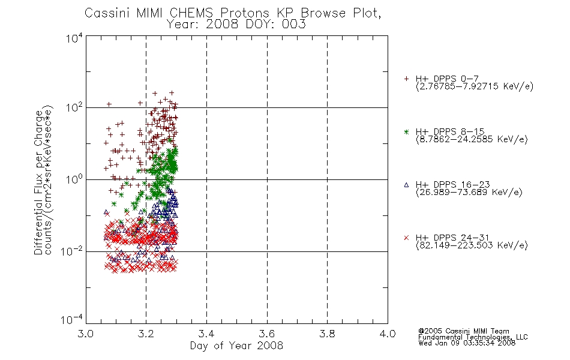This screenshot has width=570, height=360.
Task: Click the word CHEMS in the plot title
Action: pyautogui.click(x=191, y=13)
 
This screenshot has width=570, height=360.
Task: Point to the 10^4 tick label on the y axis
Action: pyautogui.click(x=74, y=38)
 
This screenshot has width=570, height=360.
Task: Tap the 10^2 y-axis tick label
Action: pyautogui.click(x=74, y=107)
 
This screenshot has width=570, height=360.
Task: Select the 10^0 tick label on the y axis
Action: pyautogui.click(x=74, y=179)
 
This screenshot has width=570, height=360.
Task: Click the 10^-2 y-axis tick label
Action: pyautogui.click(x=71, y=251)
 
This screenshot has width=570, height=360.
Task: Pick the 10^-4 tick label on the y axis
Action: pyautogui.click(x=71, y=319)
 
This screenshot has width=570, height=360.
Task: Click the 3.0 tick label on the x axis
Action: pyautogui.click(x=86, y=334)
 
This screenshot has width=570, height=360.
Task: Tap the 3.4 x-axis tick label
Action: pyautogui.click(x=206, y=334)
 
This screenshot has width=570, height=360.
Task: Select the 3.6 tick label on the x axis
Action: pyautogui.click(x=267, y=334)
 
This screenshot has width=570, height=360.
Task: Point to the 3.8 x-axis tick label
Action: pyautogui.click(x=327, y=334)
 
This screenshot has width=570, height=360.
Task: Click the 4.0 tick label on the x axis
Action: pyautogui.click(x=388, y=334)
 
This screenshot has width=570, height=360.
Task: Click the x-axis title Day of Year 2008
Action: pyautogui.click(x=236, y=346)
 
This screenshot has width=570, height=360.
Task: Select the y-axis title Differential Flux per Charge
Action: pyautogui.click(x=38, y=182)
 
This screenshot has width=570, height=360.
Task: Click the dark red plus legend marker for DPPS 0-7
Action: pyautogui.click(x=406, y=79)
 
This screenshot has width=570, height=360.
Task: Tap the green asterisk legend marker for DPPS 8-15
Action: pyautogui.click(x=406, y=131)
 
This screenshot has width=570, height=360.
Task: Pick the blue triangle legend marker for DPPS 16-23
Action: pyautogui.click(x=406, y=185)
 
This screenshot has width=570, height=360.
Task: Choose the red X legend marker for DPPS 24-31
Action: pyautogui.click(x=406, y=238)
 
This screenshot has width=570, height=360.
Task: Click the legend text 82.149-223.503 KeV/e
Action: pyautogui.click(x=472, y=245)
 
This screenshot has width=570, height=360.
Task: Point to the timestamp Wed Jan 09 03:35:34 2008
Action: pyautogui.click(x=467, y=343)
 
